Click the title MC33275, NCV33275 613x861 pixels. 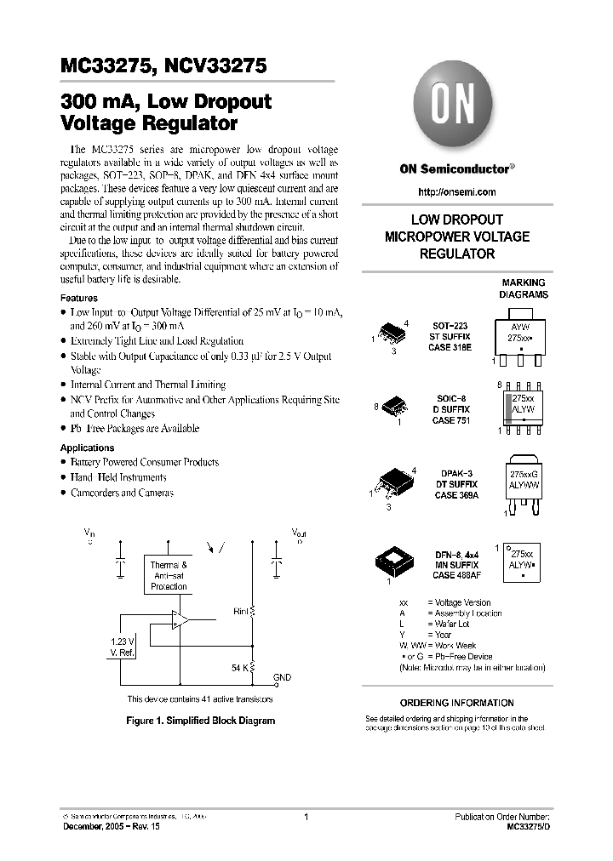click(x=164, y=66)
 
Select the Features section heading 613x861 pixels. click(x=78, y=299)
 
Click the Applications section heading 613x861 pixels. click(x=87, y=448)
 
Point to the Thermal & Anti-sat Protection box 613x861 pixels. click(x=169, y=576)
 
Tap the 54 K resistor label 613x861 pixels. click(x=239, y=668)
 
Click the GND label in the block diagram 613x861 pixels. click(x=282, y=678)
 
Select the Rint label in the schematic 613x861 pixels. click(x=241, y=610)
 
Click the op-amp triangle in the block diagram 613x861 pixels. click(x=180, y=620)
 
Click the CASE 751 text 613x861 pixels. click(x=450, y=420)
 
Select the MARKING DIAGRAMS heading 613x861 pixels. click(x=523, y=288)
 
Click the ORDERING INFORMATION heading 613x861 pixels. click(x=456, y=703)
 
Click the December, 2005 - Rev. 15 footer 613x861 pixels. click(x=105, y=827)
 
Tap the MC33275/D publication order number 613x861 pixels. click(x=528, y=827)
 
